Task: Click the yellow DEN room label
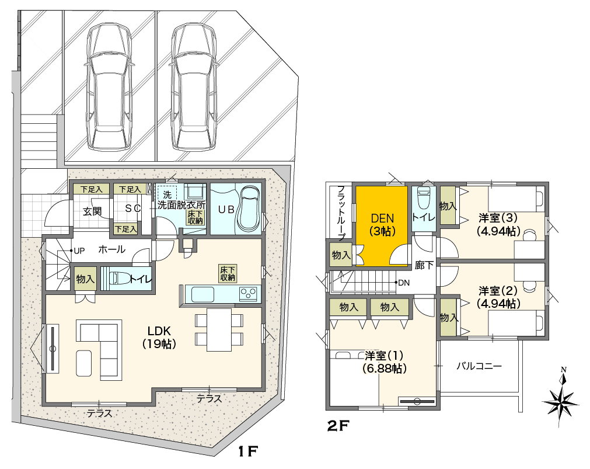click(x=382, y=224)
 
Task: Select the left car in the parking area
click(x=110, y=86)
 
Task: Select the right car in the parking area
click(x=193, y=86)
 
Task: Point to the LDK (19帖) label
click(x=159, y=337)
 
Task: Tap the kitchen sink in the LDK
click(x=203, y=294)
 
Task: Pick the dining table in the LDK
click(x=219, y=329)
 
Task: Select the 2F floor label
click(x=338, y=426)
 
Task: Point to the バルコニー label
click(x=479, y=366)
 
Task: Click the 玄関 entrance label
click(x=92, y=211)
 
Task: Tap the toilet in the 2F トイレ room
click(x=424, y=197)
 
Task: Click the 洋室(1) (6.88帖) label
click(x=384, y=362)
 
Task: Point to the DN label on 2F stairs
click(x=404, y=283)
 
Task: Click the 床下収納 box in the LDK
click(x=228, y=273)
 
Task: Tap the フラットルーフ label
click(x=341, y=213)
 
